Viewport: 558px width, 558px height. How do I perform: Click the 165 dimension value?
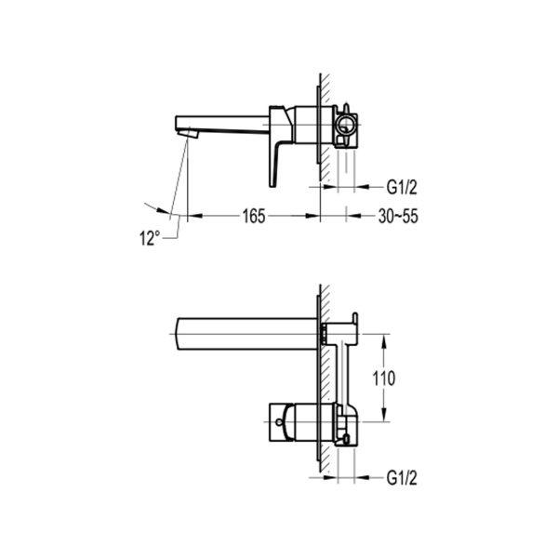(x=254, y=216)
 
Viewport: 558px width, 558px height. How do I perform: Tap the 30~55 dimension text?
(x=398, y=216)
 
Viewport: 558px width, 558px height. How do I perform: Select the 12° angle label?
(x=150, y=238)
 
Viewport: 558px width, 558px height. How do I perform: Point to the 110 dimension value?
(x=383, y=378)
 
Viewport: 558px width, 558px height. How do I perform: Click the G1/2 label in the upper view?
(x=402, y=187)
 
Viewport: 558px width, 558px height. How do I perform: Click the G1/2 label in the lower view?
(x=402, y=478)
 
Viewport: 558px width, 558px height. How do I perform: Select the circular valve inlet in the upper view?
(x=345, y=125)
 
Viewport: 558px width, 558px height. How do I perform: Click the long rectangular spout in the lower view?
(x=246, y=334)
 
